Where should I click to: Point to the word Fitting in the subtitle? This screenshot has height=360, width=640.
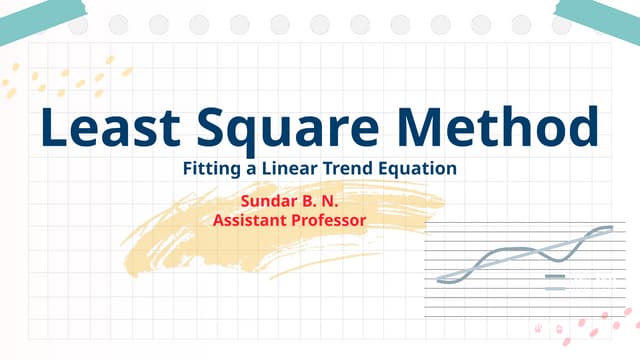coord(209,169)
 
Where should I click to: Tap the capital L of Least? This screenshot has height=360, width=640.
coord(52,129)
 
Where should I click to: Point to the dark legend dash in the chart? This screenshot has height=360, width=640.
coord(555,275)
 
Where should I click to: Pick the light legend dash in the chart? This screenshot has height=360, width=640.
coord(555,288)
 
